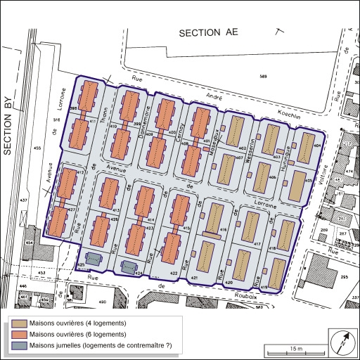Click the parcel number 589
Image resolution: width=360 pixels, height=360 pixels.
click(263, 76)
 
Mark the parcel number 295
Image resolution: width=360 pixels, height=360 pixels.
click(345, 278)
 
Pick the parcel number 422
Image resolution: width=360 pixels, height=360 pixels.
click(172, 273)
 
